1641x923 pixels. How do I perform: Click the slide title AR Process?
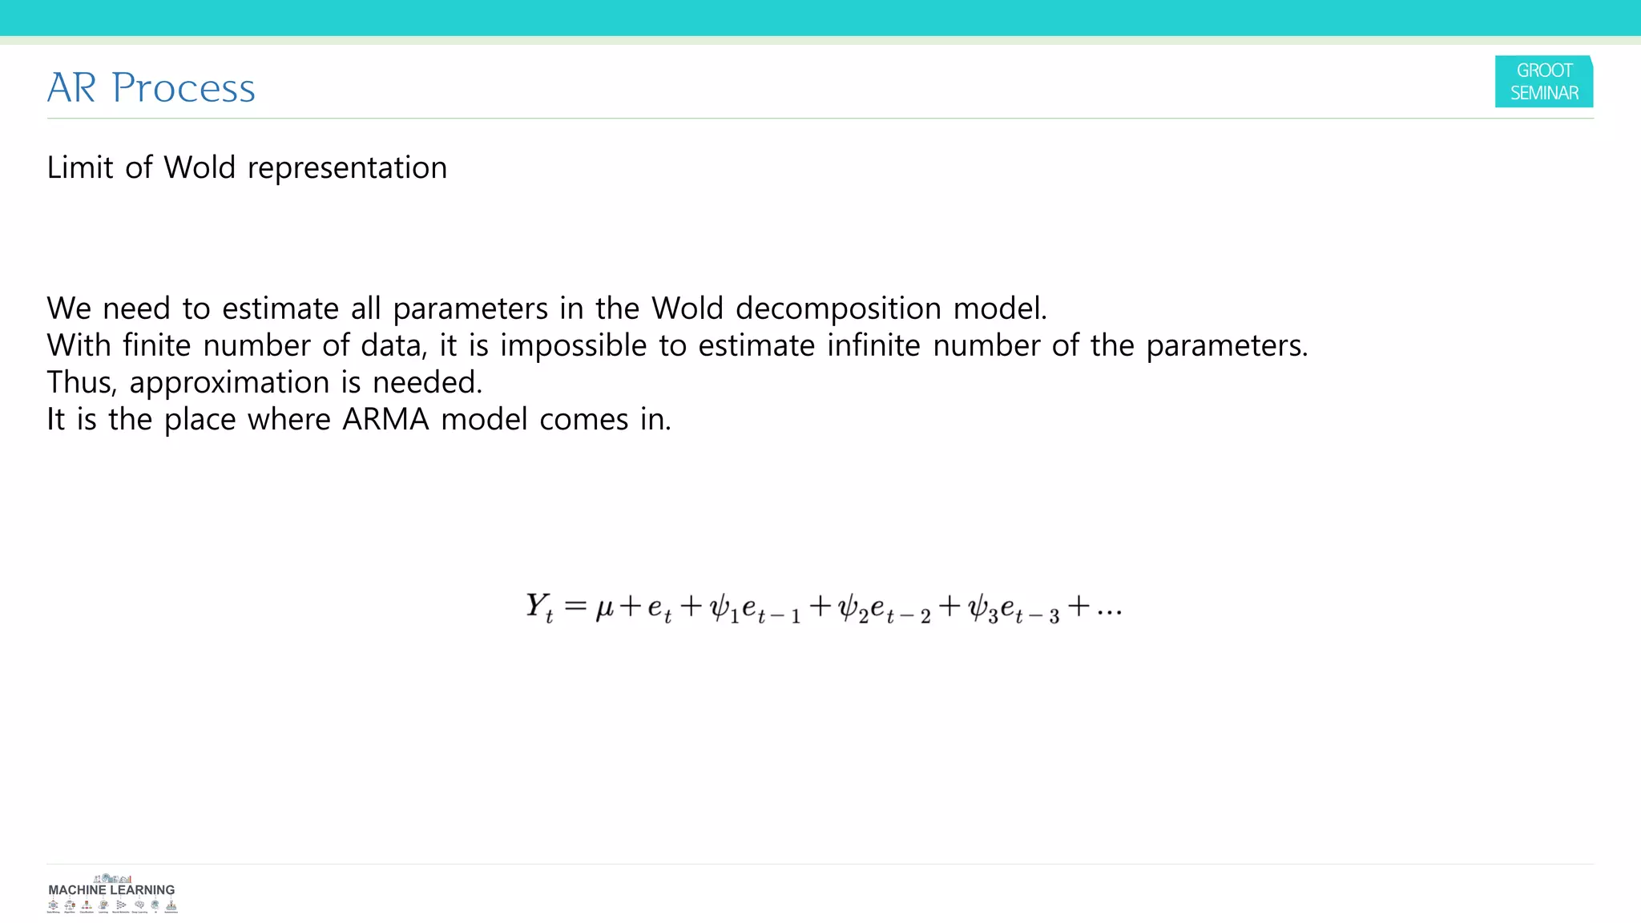pos(151,87)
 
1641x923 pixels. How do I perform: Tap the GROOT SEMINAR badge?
pos(1543,82)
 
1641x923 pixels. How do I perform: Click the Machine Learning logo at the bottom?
pos(111,893)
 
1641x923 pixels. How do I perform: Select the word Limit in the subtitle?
pos(80,167)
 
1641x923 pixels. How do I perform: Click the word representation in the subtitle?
pos(347,168)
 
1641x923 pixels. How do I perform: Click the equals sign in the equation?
pos(575,606)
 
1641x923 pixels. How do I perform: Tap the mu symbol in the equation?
pos(604,608)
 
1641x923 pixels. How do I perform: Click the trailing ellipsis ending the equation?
pos(1109,611)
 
